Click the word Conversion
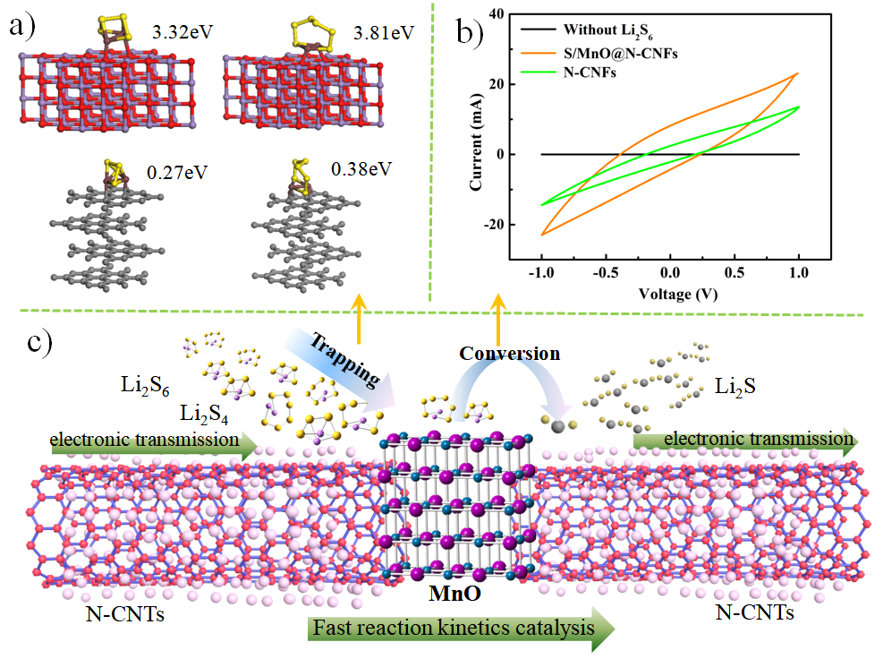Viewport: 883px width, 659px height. [510, 354]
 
